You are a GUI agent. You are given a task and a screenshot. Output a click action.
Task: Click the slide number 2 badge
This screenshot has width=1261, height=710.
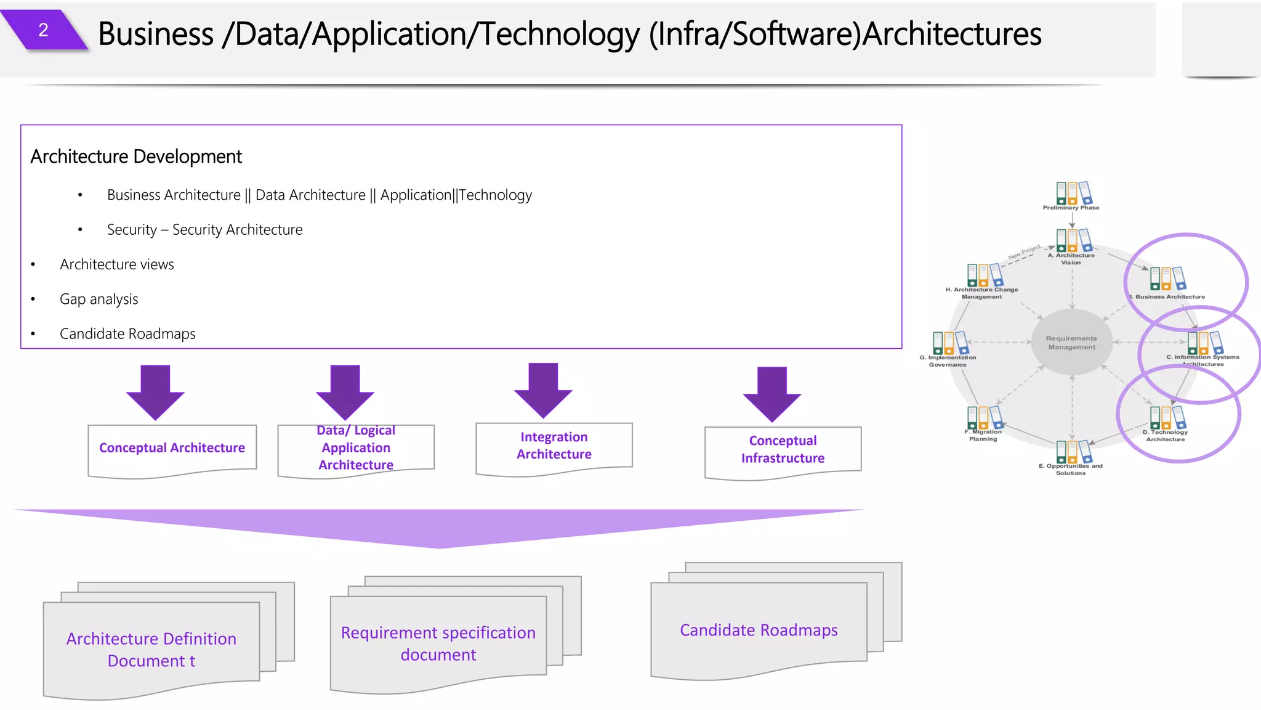pyautogui.click(x=43, y=30)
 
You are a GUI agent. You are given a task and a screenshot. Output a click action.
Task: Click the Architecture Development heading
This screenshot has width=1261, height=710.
pyautogui.click(x=136, y=157)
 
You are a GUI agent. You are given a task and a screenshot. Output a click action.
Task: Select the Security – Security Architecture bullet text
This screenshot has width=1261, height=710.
pyautogui.click(x=204, y=230)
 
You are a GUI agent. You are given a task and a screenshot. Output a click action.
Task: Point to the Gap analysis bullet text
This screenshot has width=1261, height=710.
pyautogui.click(x=99, y=300)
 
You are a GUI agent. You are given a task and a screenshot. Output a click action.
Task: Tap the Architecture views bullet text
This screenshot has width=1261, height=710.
pyautogui.click(x=117, y=264)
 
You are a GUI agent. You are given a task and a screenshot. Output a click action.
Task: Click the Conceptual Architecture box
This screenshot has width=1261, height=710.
pyautogui.click(x=172, y=448)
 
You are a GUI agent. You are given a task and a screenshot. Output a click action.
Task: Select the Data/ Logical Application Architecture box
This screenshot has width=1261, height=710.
pyautogui.click(x=356, y=448)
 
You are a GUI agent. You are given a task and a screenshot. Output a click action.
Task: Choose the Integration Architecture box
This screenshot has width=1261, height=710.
pyautogui.click(x=554, y=446)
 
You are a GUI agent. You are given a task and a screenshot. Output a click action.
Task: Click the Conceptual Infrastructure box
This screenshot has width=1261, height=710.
pyautogui.click(x=783, y=449)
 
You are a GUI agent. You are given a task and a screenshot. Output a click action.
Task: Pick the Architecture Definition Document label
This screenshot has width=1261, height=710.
pyautogui.click(x=151, y=650)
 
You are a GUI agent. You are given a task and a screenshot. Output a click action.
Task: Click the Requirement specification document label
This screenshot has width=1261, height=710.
pyautogui.click(x=438, y=643)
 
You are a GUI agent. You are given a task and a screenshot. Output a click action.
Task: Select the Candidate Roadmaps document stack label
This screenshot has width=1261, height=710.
pyautogui.click(x=759, y=630)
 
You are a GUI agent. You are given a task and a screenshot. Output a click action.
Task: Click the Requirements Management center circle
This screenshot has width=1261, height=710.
pyautogui.click(x=1071, y=343)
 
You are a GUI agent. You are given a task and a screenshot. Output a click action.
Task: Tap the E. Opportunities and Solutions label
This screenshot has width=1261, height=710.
pyautogui.click(x=1071, y=470)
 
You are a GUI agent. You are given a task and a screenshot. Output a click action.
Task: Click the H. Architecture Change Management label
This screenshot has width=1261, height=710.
pyautogui.click(x=981, y=293)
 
